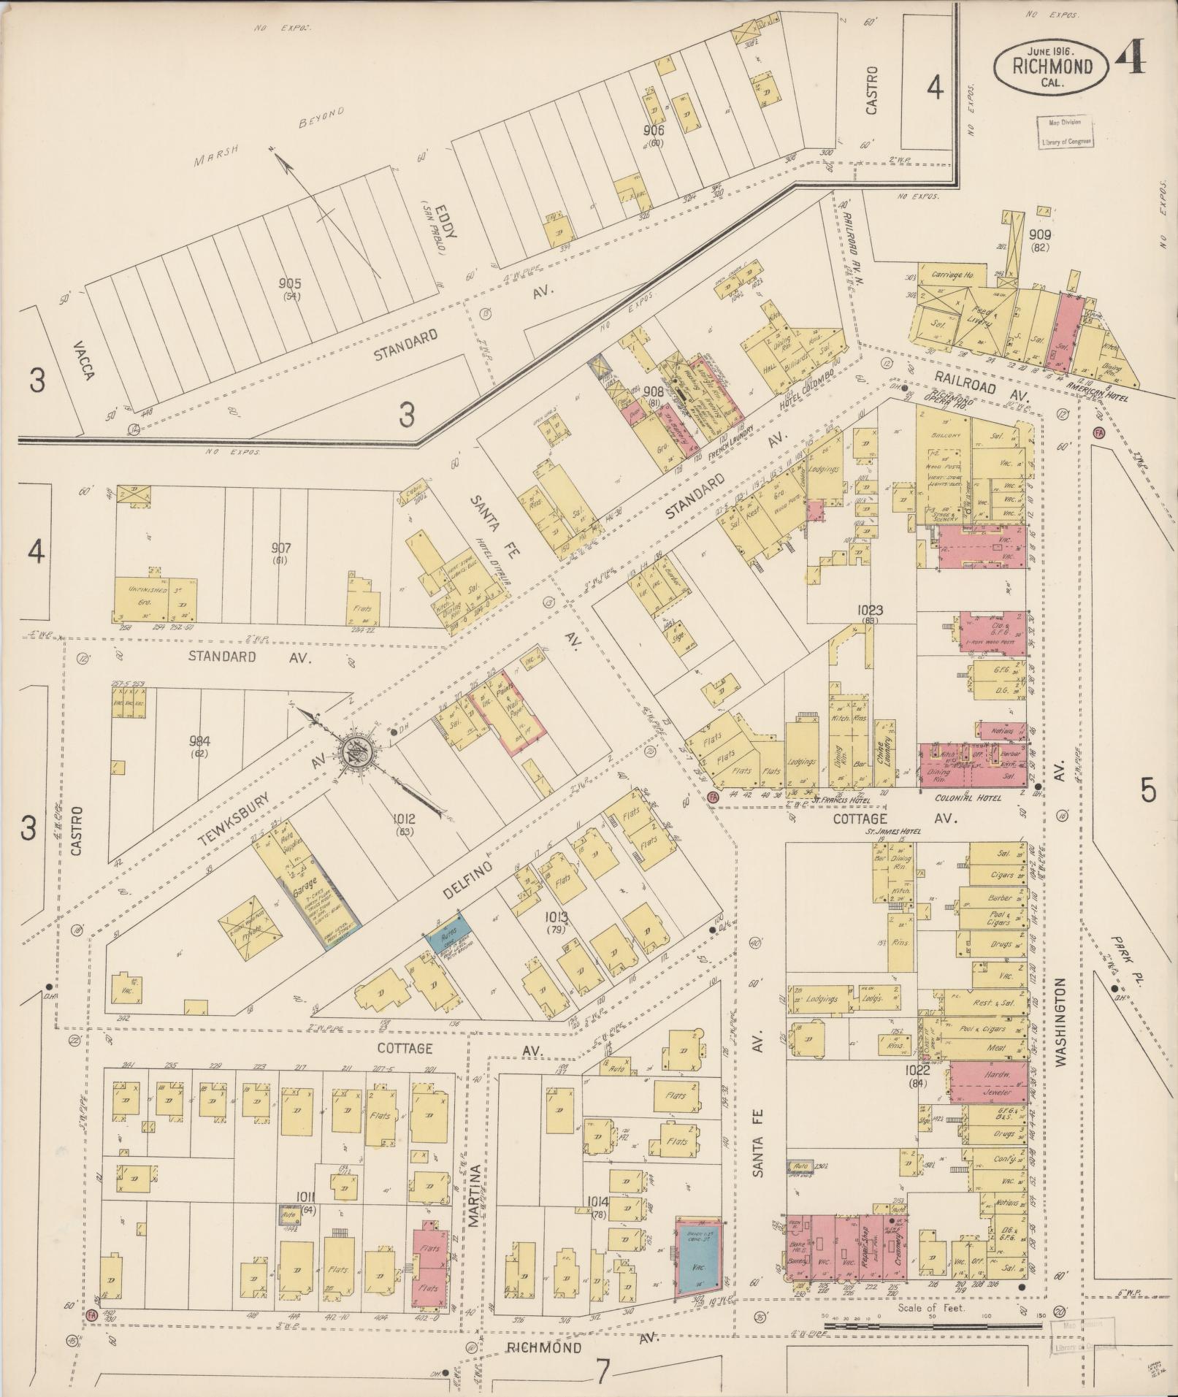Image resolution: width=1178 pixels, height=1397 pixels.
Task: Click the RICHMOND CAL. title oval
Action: click(x=1052, y=66)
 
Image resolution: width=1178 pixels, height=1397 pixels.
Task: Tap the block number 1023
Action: click(x=871, y=610)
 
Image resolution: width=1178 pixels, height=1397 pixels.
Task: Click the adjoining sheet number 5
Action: click(x=1148, y=791)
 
